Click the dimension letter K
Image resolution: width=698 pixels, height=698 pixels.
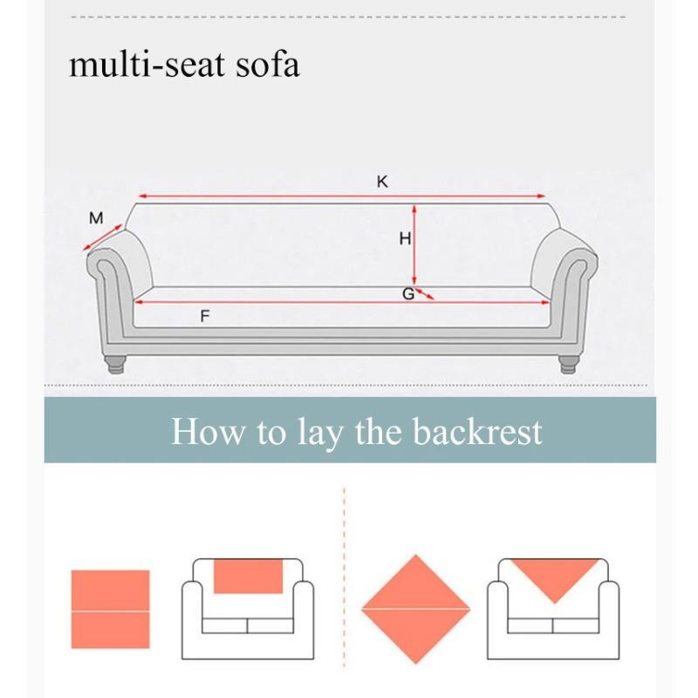coord(382,181)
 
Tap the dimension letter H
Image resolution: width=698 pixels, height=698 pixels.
coord(405,238)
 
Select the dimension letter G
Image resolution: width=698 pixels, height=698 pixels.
coord(407,294)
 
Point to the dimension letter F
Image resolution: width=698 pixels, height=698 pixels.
coord(205,316)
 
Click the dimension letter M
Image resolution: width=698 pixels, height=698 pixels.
coord(96,218)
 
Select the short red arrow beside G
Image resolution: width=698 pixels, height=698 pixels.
coord(424,294)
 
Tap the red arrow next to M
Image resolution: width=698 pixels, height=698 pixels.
coord(103,237)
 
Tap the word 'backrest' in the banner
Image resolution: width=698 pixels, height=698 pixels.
coord(478,432)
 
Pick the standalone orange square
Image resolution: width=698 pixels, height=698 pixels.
coord(110,609)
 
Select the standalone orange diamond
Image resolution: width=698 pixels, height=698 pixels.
coord(416,609)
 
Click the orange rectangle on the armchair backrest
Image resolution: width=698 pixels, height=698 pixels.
coord(249,576)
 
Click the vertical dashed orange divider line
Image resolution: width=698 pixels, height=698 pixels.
coord(346,593)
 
